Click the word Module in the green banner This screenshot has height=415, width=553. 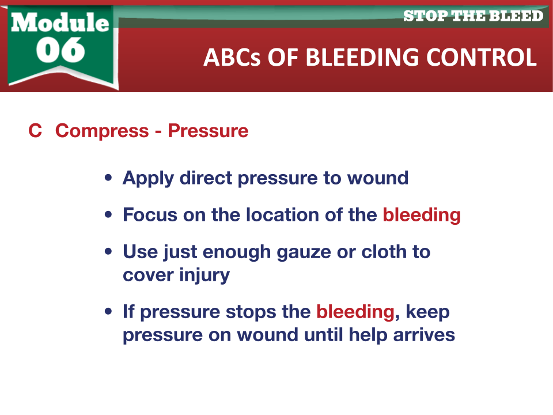click(x=60, y=22)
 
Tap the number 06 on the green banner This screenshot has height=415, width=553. click(x=60, y=50)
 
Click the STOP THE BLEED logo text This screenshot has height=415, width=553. click(x=473, y=16)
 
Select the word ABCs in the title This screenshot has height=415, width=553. click(x=232, y=57)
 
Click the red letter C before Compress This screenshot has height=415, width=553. click(x=35, y=131)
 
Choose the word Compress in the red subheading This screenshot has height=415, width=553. click(x=102, y=131)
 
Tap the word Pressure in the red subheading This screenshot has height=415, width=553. click(x=208, y=131)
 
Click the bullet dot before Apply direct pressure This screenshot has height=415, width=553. click(x=108, y=178)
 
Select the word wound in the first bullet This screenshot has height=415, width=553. click(x=378, y=178)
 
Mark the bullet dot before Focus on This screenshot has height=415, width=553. click(x=108, y=214)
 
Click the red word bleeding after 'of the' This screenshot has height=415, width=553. click(x=422, y=215)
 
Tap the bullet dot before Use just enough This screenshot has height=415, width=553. click(x=108, y=252)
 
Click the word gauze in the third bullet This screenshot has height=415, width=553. click(x=304, y=252)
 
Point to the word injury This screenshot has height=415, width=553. click(x=204, y=276)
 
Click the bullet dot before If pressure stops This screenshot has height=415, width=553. click(x=108, y=312)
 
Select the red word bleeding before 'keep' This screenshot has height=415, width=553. click(x=355, y=312)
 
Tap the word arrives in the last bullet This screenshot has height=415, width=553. click(x=424, y=335)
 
